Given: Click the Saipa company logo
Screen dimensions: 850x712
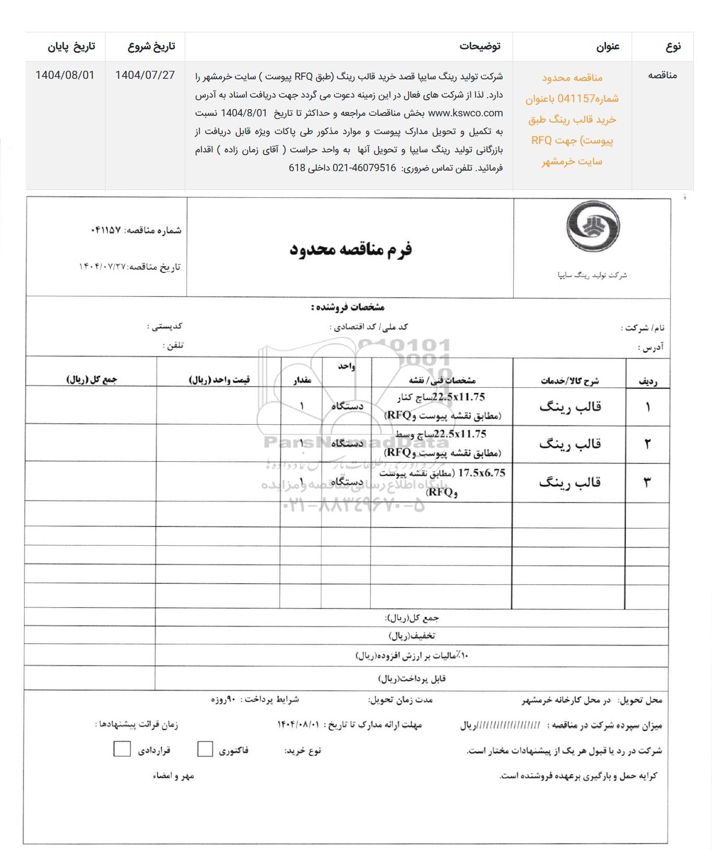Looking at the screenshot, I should click(x=592, y=228).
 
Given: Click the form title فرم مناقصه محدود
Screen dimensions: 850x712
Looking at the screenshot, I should click(x=351, y=249).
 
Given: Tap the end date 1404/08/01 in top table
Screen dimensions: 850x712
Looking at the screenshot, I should click(x=65, y=75).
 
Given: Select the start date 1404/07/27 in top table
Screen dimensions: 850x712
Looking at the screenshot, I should click(x=145, y=75).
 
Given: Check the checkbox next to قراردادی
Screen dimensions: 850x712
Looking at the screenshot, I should click(x=122, y=749).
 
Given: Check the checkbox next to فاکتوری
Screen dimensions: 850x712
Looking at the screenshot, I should click(x=205, y=749).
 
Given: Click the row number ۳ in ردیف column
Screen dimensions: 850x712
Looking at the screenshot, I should click(x=647, y=482).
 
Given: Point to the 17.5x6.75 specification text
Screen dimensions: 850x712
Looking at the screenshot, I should click(x=482, y=473).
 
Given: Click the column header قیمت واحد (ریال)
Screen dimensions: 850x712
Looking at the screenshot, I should click(x=219, y=380).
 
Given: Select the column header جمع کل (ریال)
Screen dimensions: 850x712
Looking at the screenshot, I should click(x=92, y=380).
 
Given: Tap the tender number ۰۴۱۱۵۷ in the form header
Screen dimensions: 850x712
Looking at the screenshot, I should click(x=106, y=230).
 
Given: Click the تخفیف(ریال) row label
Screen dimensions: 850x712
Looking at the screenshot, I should click(x=412, y=636).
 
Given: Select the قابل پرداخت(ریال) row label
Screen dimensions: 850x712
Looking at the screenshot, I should click(x=412, y=678).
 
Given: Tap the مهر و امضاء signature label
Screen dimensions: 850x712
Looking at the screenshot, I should click(x=173, y=776).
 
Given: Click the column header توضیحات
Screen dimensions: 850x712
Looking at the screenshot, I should click(x=480, y=46).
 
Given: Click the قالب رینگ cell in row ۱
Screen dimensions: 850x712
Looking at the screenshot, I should click(x=570, y=406).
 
